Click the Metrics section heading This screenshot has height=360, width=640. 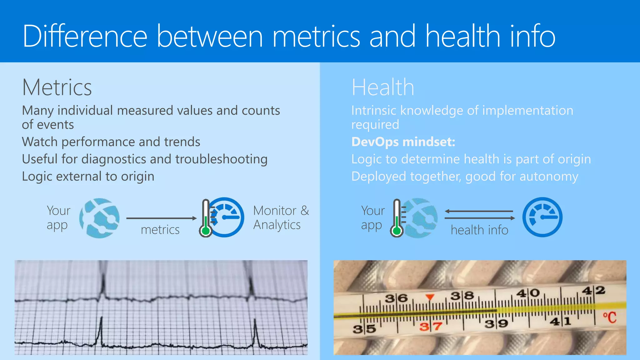[x=57, y=87]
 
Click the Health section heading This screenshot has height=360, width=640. [x=383, y=87]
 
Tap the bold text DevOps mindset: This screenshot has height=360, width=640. [x=403, y=142]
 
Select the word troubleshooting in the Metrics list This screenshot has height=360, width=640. [x=221, y=159]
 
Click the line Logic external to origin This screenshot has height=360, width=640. [x=88, y=177]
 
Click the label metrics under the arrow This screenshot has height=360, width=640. [x=160, y=230]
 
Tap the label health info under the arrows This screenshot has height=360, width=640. [x=479, y=230]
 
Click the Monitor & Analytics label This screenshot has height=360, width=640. [x=281, y=218]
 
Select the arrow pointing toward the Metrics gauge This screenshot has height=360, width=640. [x=161, y=218]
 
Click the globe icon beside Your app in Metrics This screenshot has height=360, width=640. [x=99, y=218]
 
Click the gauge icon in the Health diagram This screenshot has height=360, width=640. [x=542, y=217]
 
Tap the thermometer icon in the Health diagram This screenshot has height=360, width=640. [x=397, y=218]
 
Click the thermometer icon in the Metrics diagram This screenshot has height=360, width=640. [x=206, y=218]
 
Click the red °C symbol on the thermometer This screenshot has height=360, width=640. [x=609, y=317]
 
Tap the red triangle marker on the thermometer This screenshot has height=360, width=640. [x=430, y=297]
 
